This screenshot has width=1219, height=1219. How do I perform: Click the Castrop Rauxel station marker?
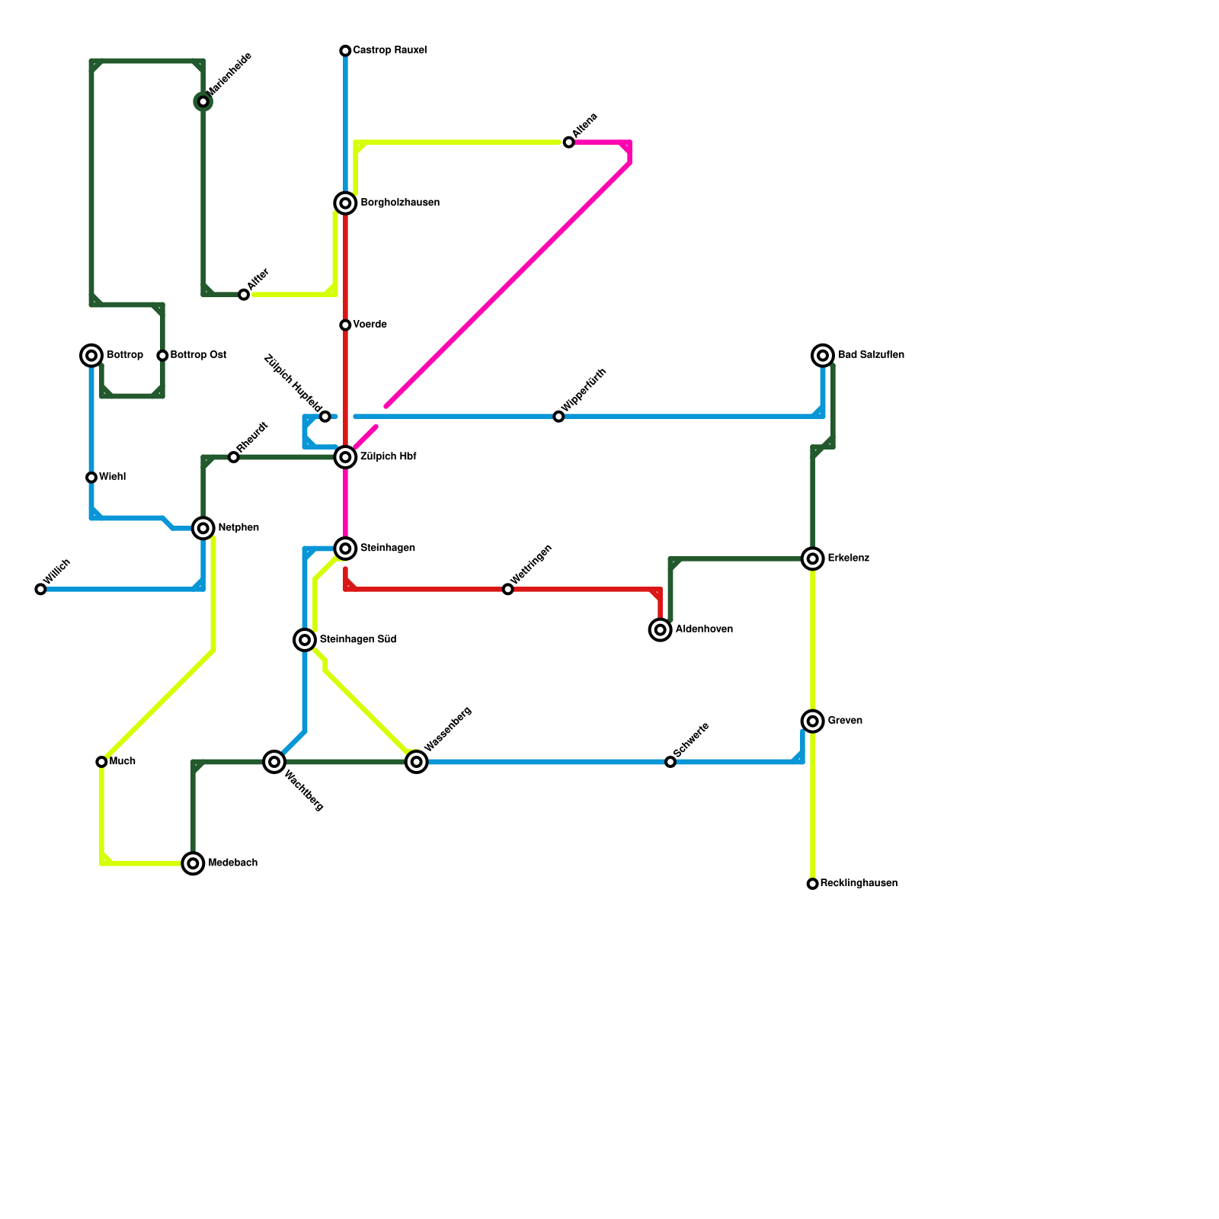coord(345,51)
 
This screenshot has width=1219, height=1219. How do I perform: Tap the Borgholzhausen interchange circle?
coord(345,203)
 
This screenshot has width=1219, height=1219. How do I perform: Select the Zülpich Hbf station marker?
coord(345,457)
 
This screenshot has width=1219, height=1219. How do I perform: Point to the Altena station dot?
coord(568,142)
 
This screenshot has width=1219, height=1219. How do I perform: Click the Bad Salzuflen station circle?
coord(823,355)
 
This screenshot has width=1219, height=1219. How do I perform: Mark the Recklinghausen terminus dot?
coord(813,884)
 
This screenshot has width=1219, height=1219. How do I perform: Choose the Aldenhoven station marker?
coord(661,629)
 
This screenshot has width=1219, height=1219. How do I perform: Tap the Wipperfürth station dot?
coord(558,417)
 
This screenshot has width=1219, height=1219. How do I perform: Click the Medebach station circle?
coord(194,863)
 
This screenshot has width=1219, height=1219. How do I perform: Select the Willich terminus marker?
coord(40,589)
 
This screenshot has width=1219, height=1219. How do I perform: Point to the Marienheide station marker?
coord(203,101)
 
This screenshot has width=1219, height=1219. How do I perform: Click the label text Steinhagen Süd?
coord(358,639)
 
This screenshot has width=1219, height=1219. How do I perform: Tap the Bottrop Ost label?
coord(198,355)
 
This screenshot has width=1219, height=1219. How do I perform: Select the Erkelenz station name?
coord(849,558)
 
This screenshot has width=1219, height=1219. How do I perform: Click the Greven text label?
coord(845,721)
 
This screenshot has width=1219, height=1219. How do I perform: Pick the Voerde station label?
coord(370,325)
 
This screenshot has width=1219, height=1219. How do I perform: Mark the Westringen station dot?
coord(508,589)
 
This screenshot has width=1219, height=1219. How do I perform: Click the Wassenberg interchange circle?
coord(417,761)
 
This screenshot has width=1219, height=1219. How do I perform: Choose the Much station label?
coord(122,761)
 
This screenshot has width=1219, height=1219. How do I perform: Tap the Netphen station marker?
coord(203,528)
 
